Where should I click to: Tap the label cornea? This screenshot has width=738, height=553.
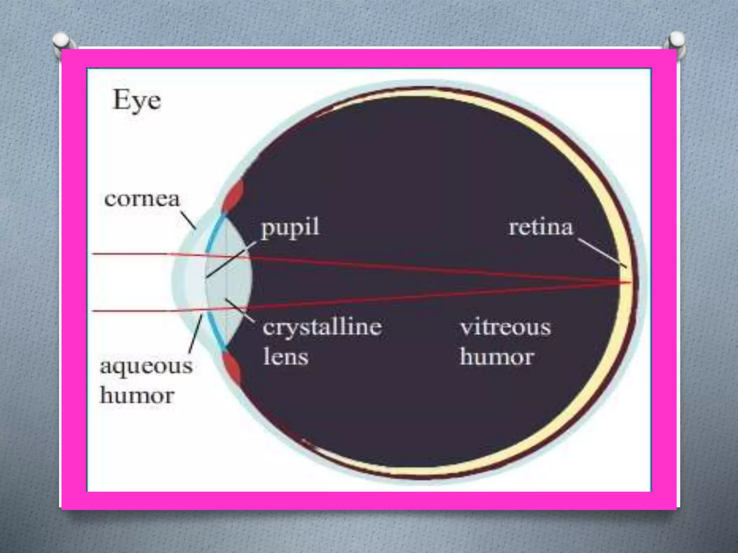pyautogui.click(x=142, y=199)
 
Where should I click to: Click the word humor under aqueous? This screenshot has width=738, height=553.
pyautogui.click(x=137, y=396)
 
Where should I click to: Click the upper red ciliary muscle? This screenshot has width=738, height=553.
pyautogui.click(x=233, y=196)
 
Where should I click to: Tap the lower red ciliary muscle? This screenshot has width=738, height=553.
pyautogui.click(x=232, y=368)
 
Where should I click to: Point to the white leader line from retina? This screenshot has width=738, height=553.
pyautogui.click(x=603, y=253)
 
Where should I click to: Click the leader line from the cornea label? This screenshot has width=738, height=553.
pyautogui.click(x=188, y=220)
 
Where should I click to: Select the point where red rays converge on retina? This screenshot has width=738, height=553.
pyautogui.click(x=630, y=282)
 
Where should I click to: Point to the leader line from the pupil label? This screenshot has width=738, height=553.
pyautogui.click(x=231, y=260)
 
